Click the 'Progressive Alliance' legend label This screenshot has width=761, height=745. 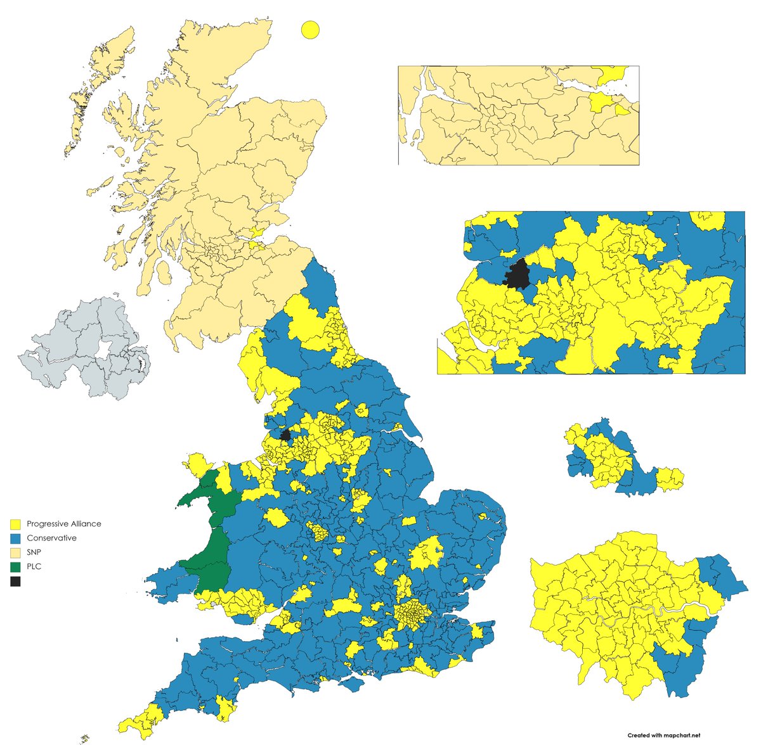point(63,524)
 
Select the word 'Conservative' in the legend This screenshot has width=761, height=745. point(51,538)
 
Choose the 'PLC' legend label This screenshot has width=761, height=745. point(34,566)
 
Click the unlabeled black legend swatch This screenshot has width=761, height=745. point(16,581)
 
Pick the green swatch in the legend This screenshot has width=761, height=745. point(16,566)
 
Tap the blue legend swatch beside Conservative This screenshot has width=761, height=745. point(16,538)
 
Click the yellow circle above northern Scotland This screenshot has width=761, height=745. point(310,30)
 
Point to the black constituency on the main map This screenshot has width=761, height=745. point(285,435)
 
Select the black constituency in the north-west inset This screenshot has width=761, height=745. point(519,275)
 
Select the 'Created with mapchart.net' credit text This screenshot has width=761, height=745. point(663,735)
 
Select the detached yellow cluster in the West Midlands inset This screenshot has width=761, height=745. point(670,479)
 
